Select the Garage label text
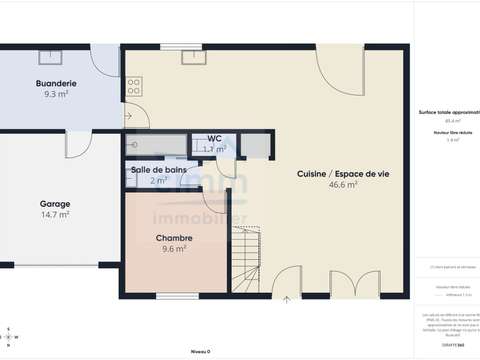pyautogui.click(x=54, y=203)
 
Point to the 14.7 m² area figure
pyautogui.click(x=54, y=214)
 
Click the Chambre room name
pyautogui.click(x=174, y=237)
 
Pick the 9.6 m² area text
pyautogui.click(x=174, y=249)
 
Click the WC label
pyautogui.click(x=214, y=138)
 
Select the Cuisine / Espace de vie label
pyautogui.click(x=342, y=173)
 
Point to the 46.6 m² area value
pyautogui.click(x=342, y=185)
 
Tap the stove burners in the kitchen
pyautogui.click(x=133, y=87)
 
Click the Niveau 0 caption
pyautogui.click(x=200, y=352)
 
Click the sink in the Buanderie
pyautogui.click(x=57, y=54)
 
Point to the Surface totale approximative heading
pyautogui.click(x=447, y=114)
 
